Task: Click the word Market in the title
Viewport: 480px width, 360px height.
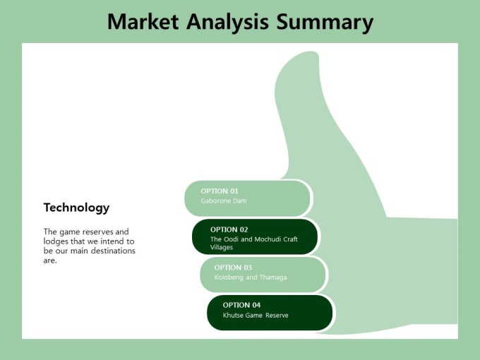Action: (x=143, y=21)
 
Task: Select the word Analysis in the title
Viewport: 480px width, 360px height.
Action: (x=227, y=22)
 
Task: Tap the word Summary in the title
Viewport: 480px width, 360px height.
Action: (x=325, y=23)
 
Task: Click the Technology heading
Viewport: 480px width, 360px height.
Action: (x=76, y=208)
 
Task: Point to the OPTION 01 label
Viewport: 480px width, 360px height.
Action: (x=220, y=191)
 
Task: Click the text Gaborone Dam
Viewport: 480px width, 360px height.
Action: (x=224, y=200)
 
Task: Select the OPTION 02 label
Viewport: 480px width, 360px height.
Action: (x=229, y=229)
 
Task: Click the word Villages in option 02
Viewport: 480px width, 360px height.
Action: (x=222, y=247)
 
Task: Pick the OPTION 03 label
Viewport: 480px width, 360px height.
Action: (x=233, y=268)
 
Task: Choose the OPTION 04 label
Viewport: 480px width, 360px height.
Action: (x=241, y=305)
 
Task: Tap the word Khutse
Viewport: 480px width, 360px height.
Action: (x=232, y=316)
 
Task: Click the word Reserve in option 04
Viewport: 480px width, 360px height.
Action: (x=277, y=316)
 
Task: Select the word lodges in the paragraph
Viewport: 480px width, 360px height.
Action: (x=56, y=241)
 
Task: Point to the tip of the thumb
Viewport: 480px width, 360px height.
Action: (x=311, y=52)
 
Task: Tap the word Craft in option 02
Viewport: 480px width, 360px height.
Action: (x=290, y=239)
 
